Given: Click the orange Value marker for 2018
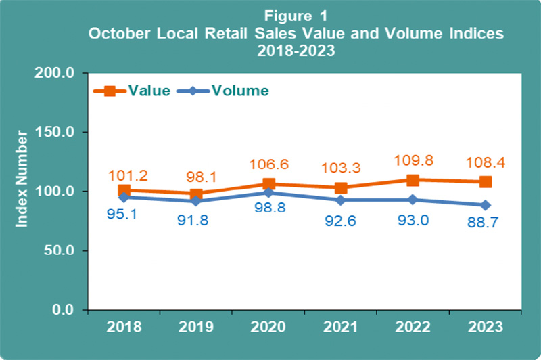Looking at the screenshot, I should coord(123,190).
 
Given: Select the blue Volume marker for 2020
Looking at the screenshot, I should coord(269,193).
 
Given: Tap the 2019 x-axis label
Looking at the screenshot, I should coord(195,328).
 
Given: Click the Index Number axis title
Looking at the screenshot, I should coord(22,177).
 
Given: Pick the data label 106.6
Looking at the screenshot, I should coord(269,162).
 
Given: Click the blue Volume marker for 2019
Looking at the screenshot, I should coord(195,201).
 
